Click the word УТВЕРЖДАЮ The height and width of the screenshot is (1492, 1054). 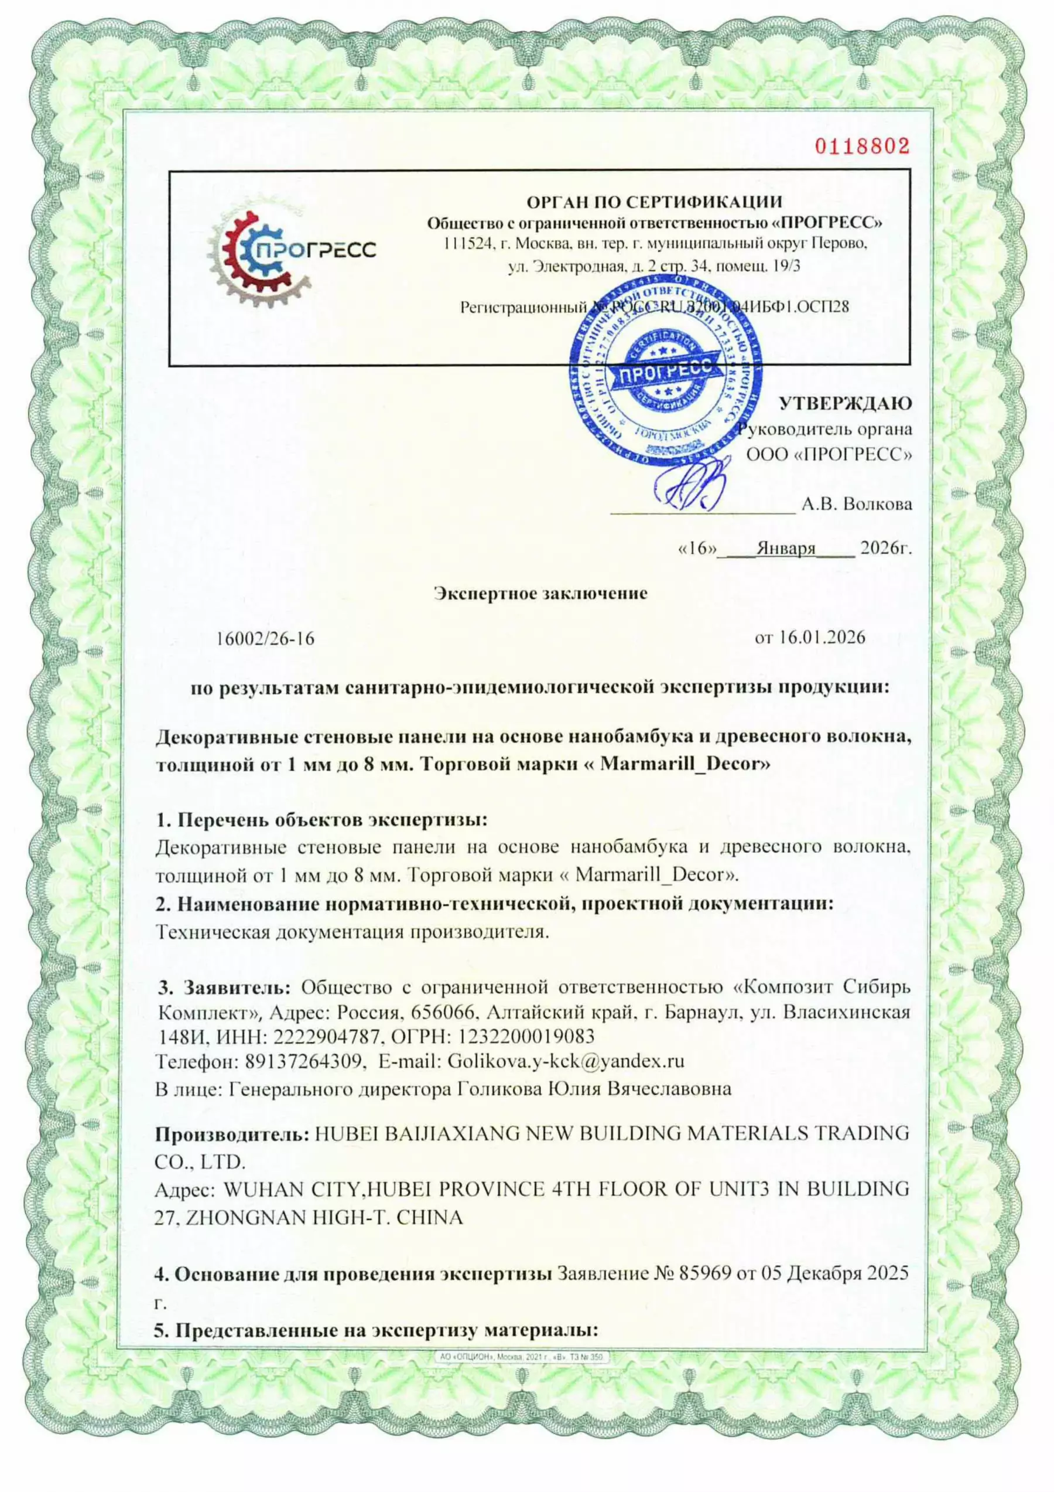[x=845, y=404]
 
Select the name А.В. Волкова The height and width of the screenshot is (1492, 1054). [x=856, y=503]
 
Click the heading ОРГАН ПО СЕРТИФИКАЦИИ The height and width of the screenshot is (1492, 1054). [x=654, y=202]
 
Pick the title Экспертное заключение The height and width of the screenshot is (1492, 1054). [x=540, y=593]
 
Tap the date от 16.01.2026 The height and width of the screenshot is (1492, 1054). [x=809, y=637]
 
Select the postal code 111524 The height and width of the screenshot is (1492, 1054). [x=463, y=245]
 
